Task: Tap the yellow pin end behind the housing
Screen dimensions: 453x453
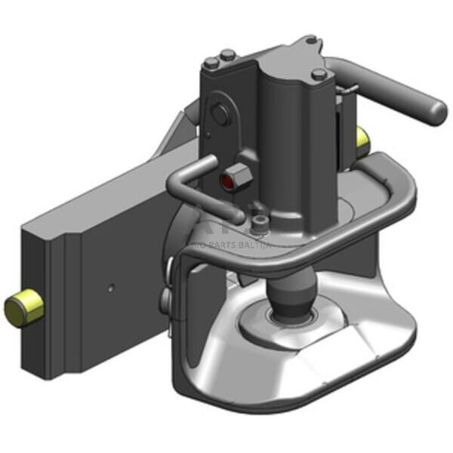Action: click(x=362, y=138)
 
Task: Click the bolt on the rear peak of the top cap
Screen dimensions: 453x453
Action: click(x=310, y=39)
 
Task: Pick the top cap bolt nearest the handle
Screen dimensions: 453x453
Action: click(x=320, y=74)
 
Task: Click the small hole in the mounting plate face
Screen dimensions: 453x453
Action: click(x=111, y=288)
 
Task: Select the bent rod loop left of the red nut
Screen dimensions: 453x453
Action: click(x=185, y=181)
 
